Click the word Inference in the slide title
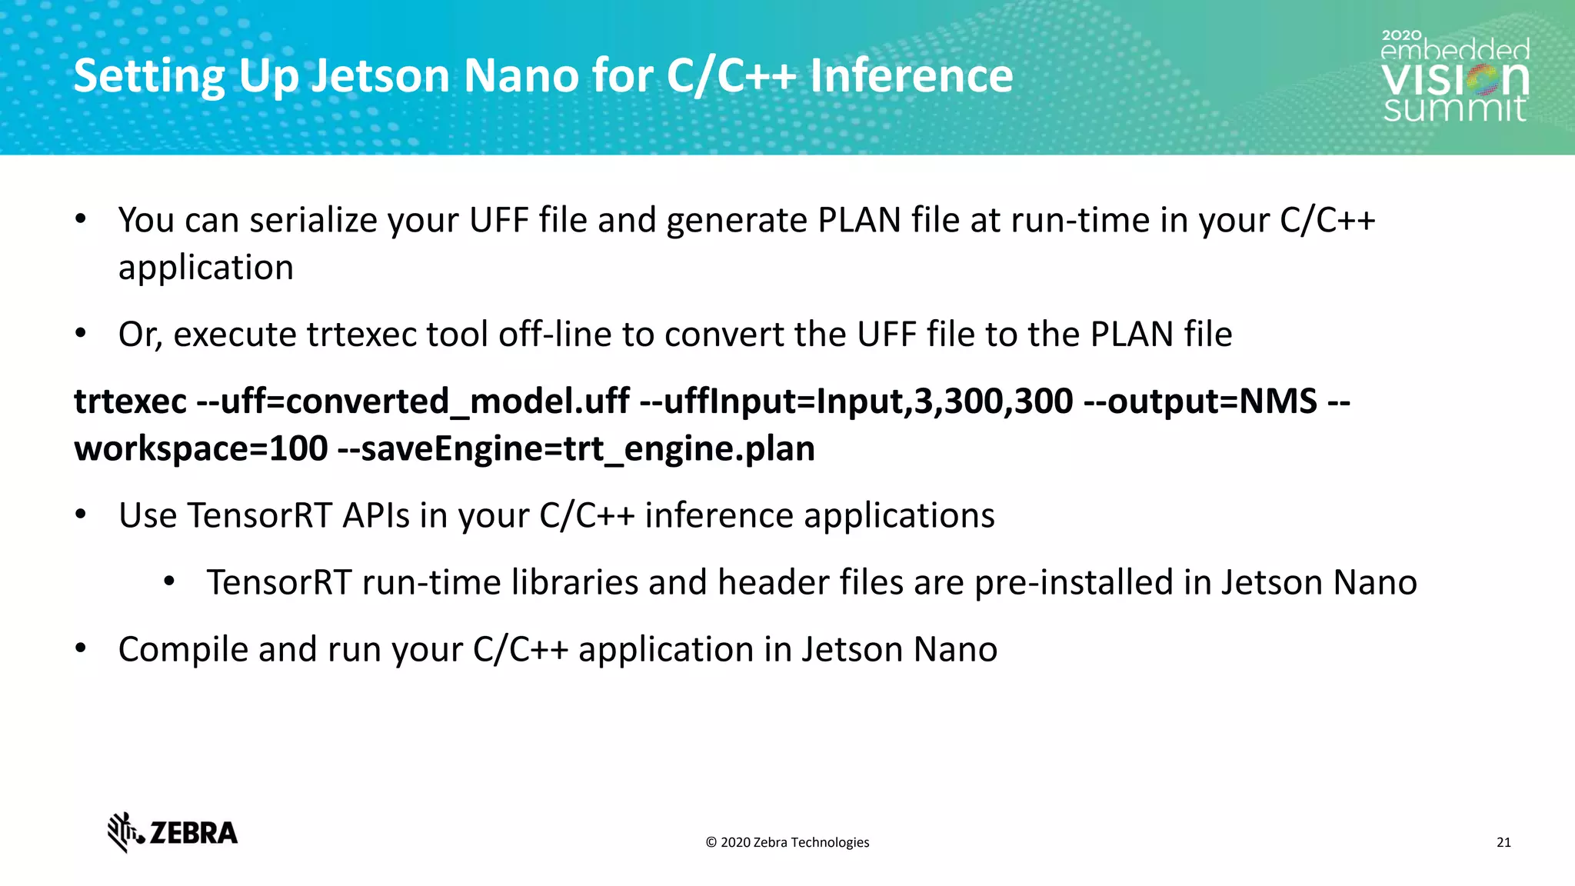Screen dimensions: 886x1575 911,76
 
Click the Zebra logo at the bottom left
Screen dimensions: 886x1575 172,832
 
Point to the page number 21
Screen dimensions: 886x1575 1503,842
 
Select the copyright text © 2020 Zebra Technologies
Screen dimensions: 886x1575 787,842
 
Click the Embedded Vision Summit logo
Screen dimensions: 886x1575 1454,77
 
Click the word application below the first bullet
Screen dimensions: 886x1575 206,268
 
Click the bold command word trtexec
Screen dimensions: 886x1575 130,401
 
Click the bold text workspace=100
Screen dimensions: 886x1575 201,449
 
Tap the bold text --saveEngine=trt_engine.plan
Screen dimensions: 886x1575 576,449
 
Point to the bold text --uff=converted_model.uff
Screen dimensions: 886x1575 413,401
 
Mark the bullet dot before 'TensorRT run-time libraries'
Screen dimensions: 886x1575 170,581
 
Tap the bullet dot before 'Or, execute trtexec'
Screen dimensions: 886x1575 81,334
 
